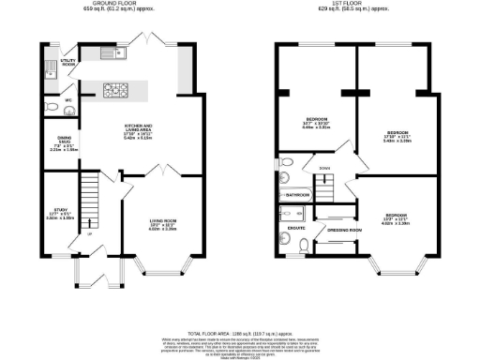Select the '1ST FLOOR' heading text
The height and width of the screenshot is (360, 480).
pos(361,4)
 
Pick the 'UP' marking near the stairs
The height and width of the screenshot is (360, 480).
pos(89,234)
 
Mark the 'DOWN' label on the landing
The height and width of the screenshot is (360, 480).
pos(324,170)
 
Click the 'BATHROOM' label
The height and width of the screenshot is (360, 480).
pos(298,194)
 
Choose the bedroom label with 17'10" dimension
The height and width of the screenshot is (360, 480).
pos(398,134)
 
